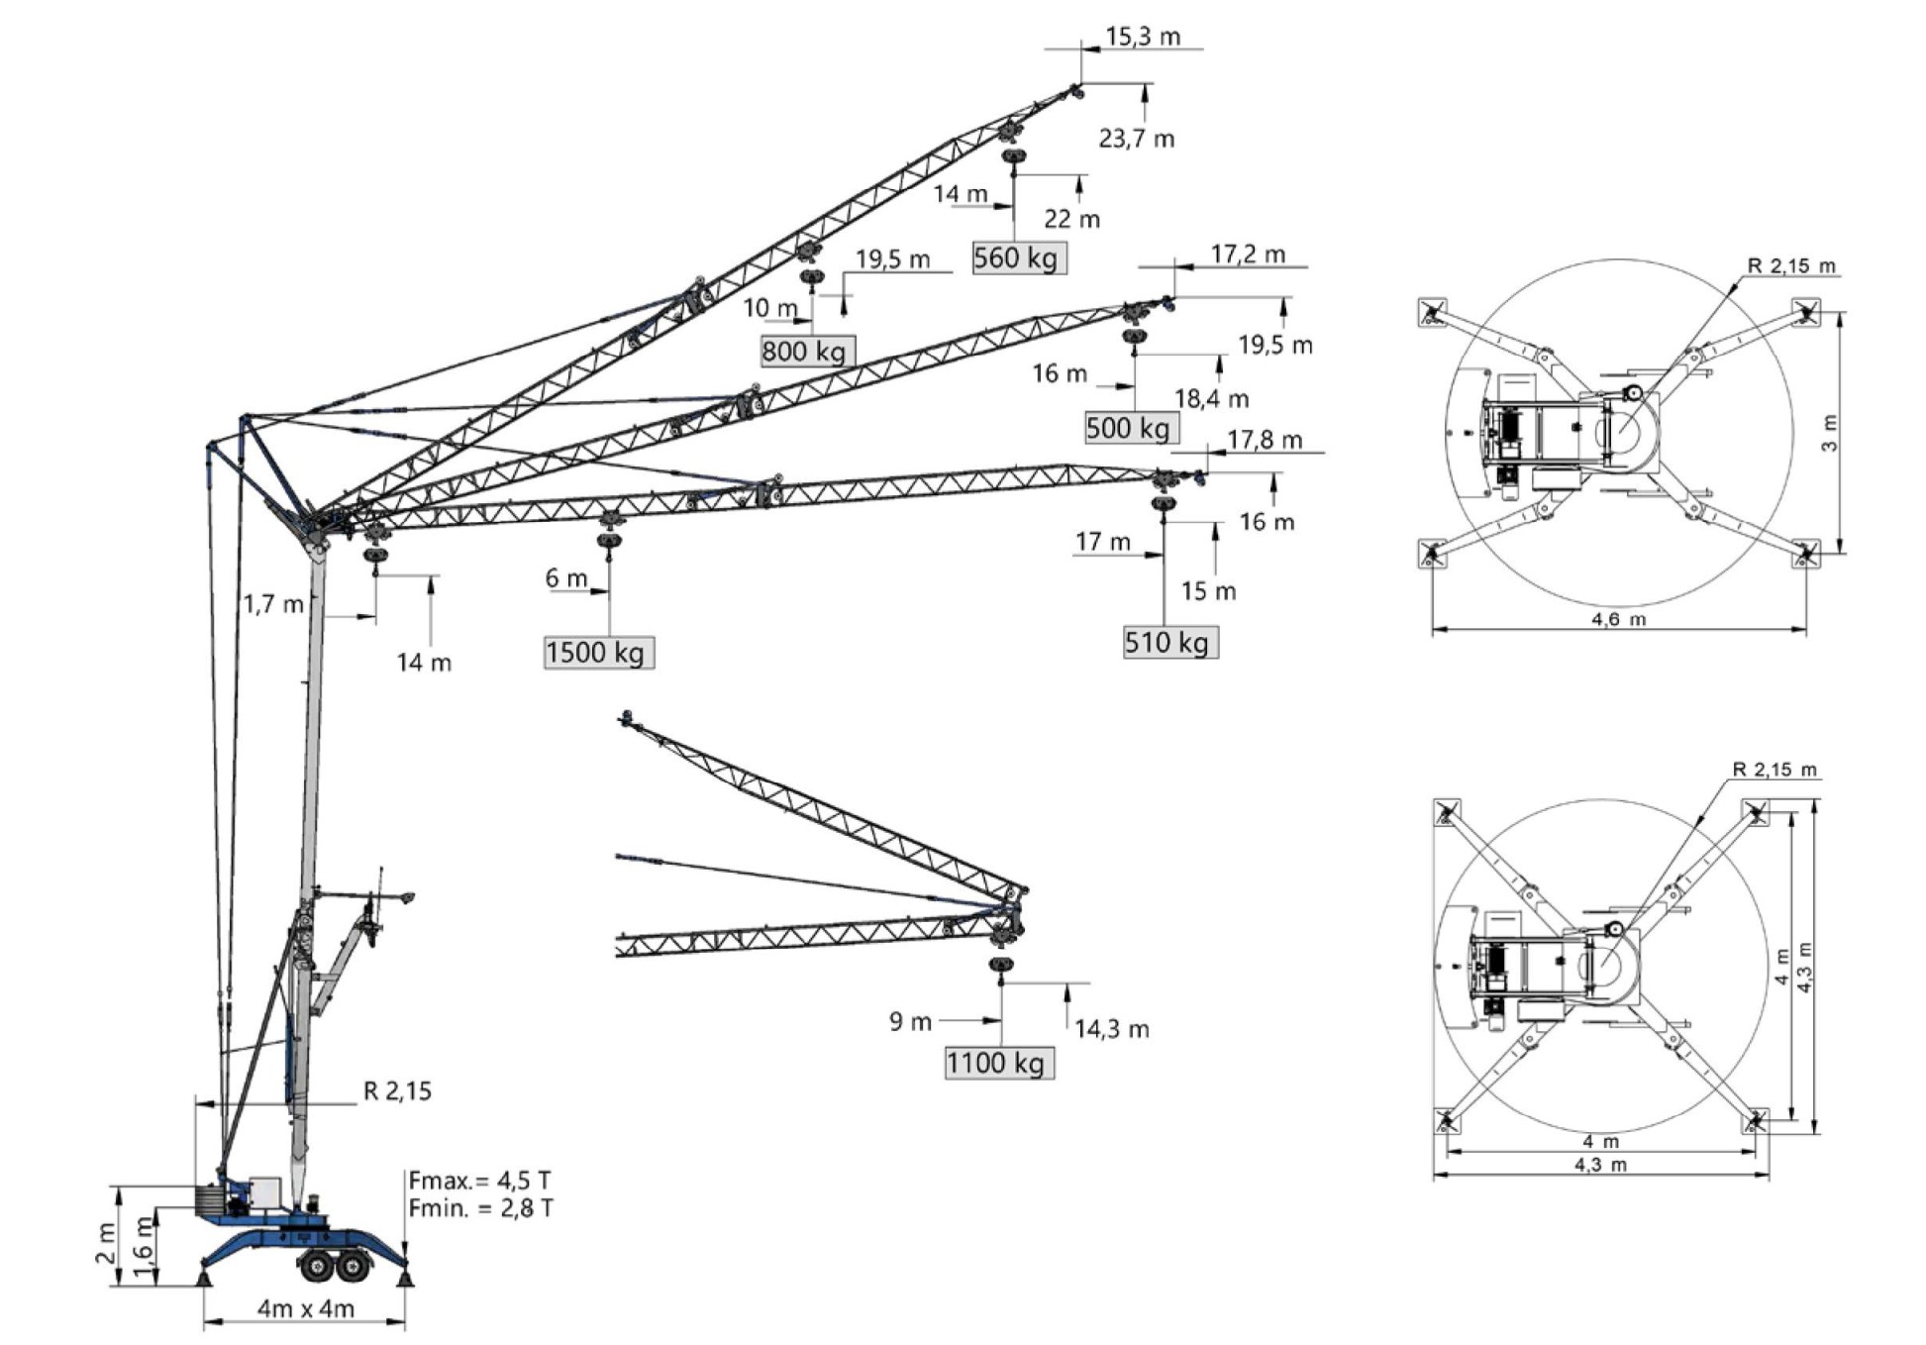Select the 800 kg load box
point(807,352)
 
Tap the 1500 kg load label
point(598,653)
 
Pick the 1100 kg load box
point(998,1064)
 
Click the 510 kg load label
point(1169,643)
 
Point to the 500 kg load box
point(1131,428)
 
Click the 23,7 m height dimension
point(1136,139)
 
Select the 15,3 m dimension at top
point(1142,37)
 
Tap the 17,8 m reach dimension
point(1264,440)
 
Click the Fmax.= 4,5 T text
point(480,1181)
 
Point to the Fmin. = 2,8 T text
point(480,1208)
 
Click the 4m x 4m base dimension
point(306,1309)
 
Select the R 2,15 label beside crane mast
point(397,1091)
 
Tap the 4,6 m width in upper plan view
point(1618,620)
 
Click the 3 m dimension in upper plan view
point(1830,433)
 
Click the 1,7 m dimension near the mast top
point(273,604)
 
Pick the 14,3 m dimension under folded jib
point(1111,1030)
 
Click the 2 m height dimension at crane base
point(105,1243)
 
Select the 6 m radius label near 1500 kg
point(565,578)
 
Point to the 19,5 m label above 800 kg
point(892,259)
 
